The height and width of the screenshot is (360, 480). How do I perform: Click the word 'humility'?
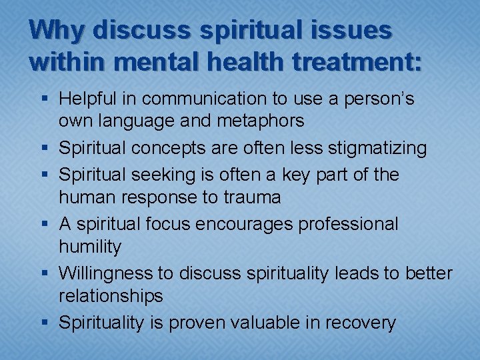tap(90, 247)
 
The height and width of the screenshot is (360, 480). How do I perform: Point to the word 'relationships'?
tap(111, 295)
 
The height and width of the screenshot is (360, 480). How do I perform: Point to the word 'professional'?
tap(348, 224)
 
